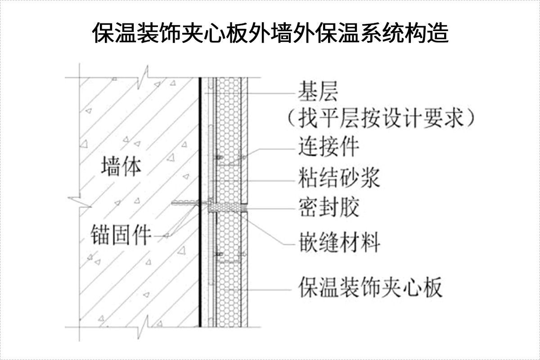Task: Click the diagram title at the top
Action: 270,33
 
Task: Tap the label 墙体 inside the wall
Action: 121,166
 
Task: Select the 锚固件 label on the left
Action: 120,235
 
